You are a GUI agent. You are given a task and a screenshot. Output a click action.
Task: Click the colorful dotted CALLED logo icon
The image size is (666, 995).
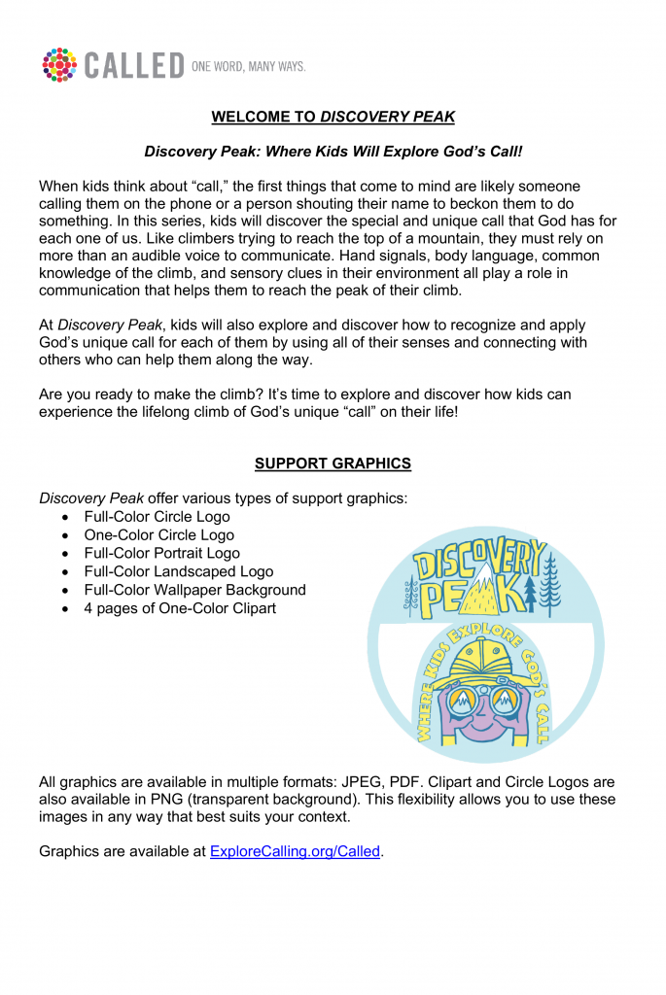(59, 64)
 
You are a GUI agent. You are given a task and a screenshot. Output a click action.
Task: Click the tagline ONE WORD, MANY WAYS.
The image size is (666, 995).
(249, 66)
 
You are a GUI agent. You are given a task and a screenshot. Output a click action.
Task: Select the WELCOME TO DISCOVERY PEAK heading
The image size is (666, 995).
(333, 118)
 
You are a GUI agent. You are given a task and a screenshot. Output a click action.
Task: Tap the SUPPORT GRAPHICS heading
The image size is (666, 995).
(333, 463)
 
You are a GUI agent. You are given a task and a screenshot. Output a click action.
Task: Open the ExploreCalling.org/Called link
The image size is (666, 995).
(295, 852)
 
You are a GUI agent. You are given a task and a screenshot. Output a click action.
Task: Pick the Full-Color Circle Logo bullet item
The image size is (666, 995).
(157, 517)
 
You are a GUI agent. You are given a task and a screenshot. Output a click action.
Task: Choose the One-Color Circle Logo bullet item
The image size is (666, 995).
(158, 535)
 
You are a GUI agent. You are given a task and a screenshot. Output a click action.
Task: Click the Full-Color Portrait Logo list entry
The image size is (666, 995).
(161, 554)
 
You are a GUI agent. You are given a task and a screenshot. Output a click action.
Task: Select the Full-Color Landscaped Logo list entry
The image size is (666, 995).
(178, 572)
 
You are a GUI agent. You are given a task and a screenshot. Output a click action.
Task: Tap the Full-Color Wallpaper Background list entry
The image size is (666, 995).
(194, 590)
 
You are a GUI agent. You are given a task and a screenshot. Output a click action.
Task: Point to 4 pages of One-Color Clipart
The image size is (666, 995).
(180, 608)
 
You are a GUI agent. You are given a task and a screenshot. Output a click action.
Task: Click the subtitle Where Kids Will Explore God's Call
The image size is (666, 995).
(333, 152)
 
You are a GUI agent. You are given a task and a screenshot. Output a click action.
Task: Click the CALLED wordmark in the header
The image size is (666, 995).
(134, 66)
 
